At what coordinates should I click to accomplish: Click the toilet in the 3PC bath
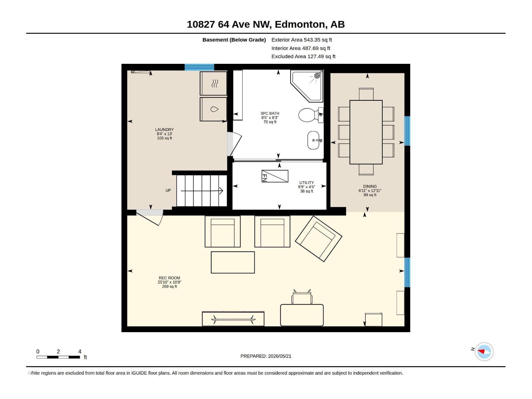pos(311,115)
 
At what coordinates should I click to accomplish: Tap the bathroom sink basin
pos(314,140)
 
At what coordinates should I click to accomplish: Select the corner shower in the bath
pos(307,86)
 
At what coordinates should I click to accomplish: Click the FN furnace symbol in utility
pos(275,176)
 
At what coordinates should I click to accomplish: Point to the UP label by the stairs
pos(168,191)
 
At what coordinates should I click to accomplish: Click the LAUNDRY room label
pos(164,130)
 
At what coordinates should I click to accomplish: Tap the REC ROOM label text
pos(170,278)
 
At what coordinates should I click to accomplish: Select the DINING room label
pos(370,186)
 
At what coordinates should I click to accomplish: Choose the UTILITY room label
pos(307,183)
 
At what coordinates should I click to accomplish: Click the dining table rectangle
pos(366,132)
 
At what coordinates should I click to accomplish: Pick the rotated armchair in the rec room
pos(319,239)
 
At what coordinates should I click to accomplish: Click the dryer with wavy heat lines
pos(213,83)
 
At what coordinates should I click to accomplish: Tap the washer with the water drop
pos(213,109)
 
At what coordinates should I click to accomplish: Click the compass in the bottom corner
pos(484,351)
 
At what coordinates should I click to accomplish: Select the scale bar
pos(58,357)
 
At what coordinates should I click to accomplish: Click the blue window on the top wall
pos(199,67)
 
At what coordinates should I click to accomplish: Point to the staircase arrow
pos(202,191)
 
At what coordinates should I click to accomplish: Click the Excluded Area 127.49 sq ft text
pos(303,57)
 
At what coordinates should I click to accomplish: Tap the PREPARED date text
pos(266,356)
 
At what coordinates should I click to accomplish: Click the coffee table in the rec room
pos(233,262)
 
